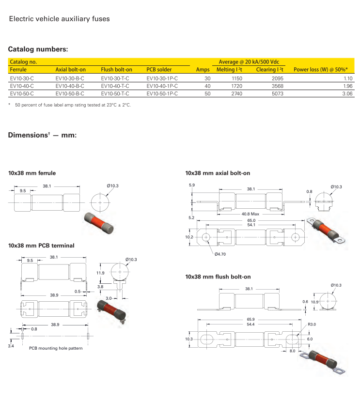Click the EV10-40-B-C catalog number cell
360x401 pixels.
[x=70, y=86]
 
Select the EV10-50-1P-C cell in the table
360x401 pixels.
[x=162, y=93]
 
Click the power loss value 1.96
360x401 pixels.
[x=347, y=86]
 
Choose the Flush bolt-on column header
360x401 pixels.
[x=116, y=70]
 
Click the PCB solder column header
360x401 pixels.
[x=159, y=70]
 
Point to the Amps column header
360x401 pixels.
[x=203, y=70]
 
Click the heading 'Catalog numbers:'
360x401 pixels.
[x=38, y=49]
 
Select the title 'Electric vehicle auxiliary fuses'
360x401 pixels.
[x=60, y=19]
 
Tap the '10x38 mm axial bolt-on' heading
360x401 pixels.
[x=218, y=172]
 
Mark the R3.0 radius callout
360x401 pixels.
[x=312, y=324]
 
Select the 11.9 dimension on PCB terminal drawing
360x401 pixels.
[x=100, y=274]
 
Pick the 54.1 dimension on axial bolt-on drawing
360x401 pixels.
[x=251, y=225]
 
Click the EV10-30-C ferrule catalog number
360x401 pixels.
[x=22, y=78]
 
